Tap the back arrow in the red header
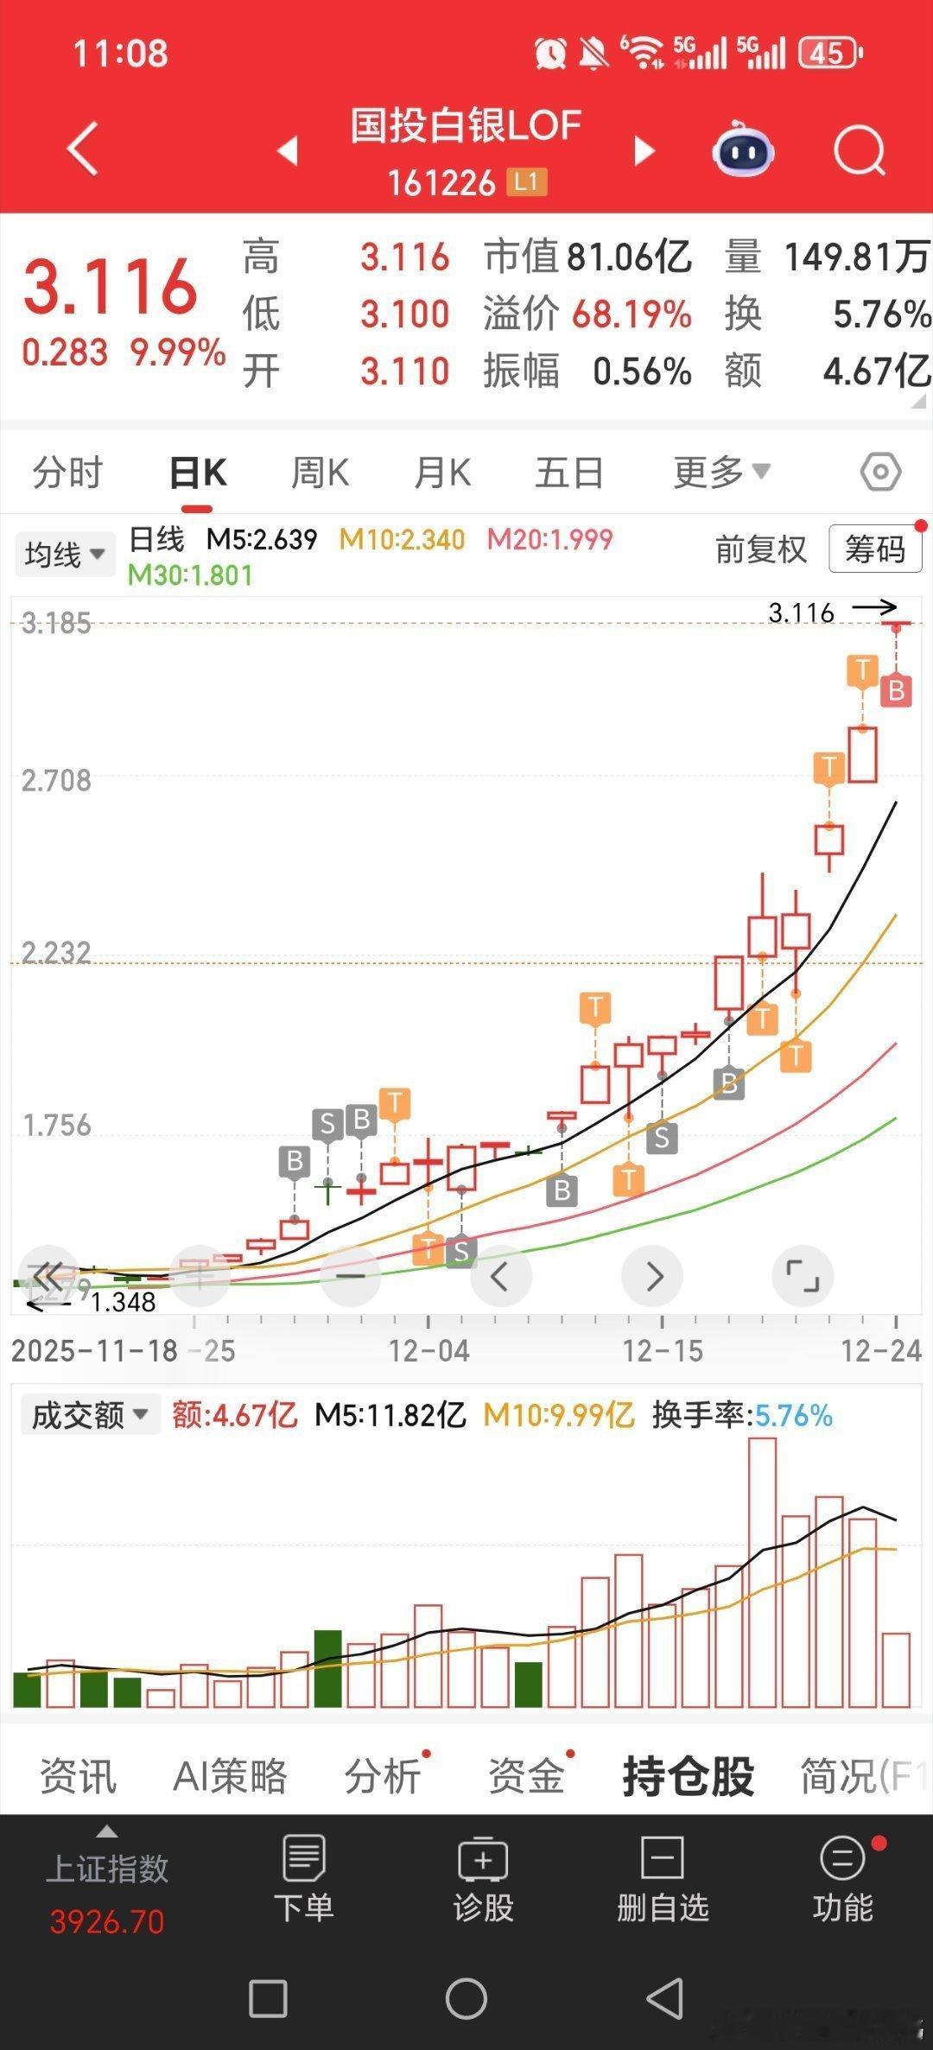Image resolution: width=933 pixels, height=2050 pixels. click(x=82, y=149)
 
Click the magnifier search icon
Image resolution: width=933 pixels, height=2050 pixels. click(x=859, y=152)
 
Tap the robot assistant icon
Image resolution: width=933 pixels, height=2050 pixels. click(x=742, y=152)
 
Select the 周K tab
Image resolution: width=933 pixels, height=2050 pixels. click(x=320, y=473)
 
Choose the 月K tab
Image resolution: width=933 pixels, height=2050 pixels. click(x=442, y=473)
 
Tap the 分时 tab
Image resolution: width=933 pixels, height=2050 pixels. click(x=67, y=473)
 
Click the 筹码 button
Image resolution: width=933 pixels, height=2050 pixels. click(x=874, y=549)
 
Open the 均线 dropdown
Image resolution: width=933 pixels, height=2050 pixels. click(x=65, y=554)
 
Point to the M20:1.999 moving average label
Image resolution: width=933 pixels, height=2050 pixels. click(x=549, y=540)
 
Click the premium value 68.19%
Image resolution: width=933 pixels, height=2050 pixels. click(x=632, y=314)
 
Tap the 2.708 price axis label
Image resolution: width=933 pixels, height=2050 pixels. click(x=56, y=780)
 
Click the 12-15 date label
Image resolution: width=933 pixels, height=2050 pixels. click(x=663, y=1350)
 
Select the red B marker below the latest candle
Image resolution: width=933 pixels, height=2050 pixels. click(x=896, y=691)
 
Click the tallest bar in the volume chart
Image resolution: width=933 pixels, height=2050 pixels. click(x=762, y=1573)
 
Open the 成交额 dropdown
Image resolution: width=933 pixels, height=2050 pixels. click(x=90, y=1415)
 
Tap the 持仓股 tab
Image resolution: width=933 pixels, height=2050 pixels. click(x=688, y=1776)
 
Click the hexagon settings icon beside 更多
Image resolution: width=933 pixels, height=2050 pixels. click(x=880, y=473)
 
